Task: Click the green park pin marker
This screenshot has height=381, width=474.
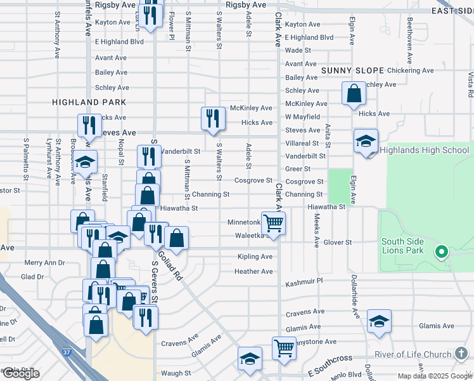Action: (442, 252)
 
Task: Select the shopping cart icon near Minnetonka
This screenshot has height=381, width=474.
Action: (273, 223)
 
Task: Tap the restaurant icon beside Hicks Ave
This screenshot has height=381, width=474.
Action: (213, 118)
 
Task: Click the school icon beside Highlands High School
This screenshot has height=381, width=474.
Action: (366, 141)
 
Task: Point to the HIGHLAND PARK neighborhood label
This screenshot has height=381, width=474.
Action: (89, 102)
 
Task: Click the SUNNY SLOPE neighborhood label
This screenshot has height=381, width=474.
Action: (352, 70)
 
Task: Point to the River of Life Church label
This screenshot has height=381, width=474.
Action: (413, 354)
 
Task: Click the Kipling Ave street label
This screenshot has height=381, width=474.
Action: (255, 257)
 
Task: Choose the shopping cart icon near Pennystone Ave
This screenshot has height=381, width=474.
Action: (284, 347)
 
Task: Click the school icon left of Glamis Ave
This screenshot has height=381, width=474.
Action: (379, 321)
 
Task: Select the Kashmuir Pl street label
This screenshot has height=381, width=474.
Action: (304, 281)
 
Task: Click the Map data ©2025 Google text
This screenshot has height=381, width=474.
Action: (434, 376)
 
